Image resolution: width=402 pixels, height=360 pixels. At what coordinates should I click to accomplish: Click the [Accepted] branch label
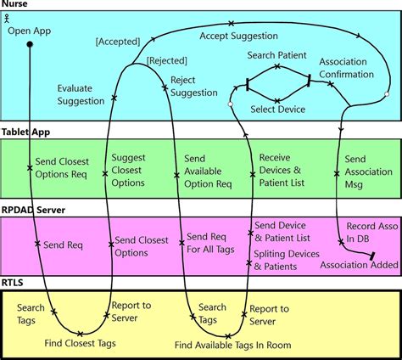[117, 40]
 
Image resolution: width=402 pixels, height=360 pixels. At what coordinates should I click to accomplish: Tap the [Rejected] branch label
[167, 59]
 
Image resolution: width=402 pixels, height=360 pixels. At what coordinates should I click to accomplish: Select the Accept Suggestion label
[238, 36]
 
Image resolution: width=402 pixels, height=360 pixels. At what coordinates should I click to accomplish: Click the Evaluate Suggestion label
[81, 94]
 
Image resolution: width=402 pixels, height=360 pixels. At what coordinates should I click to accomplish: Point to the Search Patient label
[277, 56]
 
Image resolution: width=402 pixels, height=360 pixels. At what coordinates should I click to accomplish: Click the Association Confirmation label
[346, 68]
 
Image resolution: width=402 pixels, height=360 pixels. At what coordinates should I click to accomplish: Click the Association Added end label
[358, 265]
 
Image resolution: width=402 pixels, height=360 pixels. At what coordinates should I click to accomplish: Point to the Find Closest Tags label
[81, 344]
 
